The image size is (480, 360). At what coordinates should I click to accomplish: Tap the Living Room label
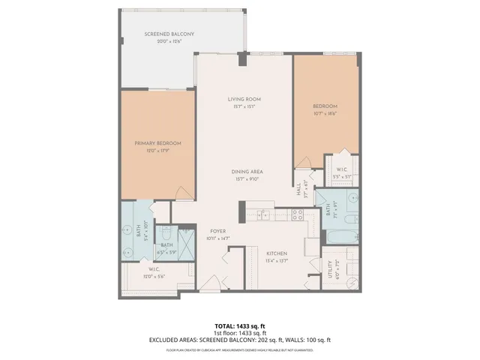(x=243, y=100)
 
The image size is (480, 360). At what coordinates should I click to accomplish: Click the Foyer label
(x=217, y=231)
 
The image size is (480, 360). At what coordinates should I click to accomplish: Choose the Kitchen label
(x=277, y=253)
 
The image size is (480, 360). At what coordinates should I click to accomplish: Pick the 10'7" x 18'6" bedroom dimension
(x=325, y=113)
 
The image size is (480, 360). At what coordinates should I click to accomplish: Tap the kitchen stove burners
(x=295, y=214)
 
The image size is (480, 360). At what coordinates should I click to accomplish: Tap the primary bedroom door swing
(x=181, y=193)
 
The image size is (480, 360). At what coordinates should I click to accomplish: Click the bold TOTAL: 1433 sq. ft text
(x=239, y=326)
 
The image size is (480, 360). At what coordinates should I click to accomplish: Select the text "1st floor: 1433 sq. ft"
(x=239, y=333)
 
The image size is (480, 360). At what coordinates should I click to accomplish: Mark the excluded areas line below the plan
(x=239, y=340)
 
